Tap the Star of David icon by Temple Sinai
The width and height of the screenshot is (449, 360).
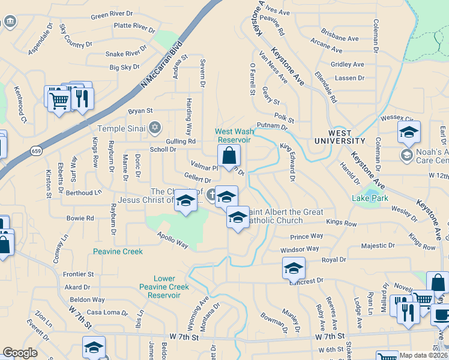[155, 127]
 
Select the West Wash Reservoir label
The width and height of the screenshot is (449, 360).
[234, 136]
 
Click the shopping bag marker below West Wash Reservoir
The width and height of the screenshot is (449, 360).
[229, 156]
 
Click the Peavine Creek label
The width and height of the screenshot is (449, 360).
[118, 251]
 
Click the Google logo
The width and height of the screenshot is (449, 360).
[20, 353]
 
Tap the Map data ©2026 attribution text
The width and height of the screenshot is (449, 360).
[423, 355]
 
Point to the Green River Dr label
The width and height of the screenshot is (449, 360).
[112, 14]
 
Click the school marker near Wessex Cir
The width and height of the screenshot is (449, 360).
[409, 133]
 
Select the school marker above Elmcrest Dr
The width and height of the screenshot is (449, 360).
[294, 268]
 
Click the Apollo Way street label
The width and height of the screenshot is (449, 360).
[173, 241]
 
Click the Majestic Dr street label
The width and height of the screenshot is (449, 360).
[378, 245]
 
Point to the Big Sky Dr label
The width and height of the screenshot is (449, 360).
[124, 68]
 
